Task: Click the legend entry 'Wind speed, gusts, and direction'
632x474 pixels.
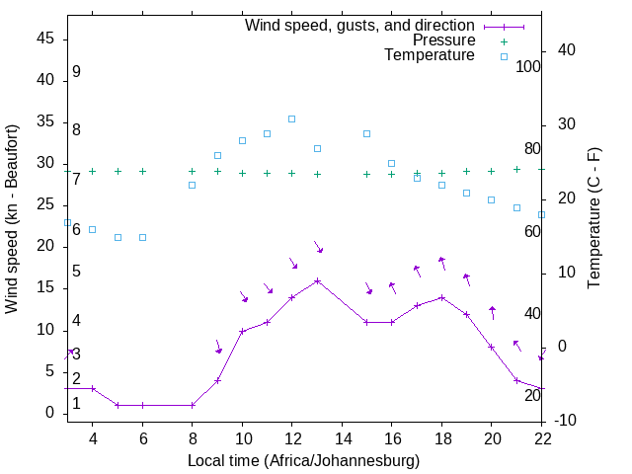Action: (x=359, y=25)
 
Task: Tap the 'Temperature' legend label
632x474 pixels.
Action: (x=430, y=55)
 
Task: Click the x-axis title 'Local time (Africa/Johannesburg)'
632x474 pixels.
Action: (x=304, y=461)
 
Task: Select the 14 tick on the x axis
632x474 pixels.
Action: (x=343, y=437)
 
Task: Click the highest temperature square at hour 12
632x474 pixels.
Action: (x=292, y=118)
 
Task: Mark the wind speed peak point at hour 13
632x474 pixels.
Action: (x=317, y=280)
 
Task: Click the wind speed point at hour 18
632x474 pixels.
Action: (x=442, y=297)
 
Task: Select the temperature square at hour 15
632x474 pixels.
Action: (x=366, y=133)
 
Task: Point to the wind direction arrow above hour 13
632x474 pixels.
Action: (x=318, y=246)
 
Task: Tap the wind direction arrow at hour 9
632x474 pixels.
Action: (x=218, y=347)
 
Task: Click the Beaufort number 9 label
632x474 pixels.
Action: (x=76, y=72)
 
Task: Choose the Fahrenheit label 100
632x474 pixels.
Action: (x=528, y=66)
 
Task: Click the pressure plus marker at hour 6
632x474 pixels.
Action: (x=142, y=171)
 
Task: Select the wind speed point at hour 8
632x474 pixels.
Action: (x=193, y=405)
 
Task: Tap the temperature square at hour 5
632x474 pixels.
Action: (x=118, y=237)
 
